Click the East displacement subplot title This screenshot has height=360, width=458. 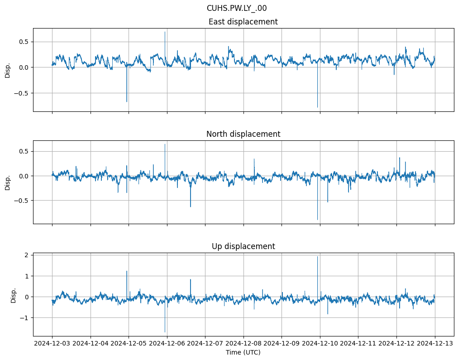243,22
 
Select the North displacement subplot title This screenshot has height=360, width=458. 243,134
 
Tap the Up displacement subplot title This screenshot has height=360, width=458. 243,246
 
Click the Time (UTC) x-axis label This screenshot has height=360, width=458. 243,352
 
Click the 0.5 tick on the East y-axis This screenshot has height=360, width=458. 23,42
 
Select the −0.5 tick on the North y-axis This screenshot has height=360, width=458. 21,200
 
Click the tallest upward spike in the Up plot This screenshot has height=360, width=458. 317,257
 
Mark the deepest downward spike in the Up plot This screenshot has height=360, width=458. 165,332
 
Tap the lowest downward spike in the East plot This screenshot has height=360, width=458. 317,107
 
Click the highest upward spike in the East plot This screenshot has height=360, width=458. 165,32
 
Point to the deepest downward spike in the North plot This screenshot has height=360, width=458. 317,220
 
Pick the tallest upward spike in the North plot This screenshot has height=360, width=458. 165,144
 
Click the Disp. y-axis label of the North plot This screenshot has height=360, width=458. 8,182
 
